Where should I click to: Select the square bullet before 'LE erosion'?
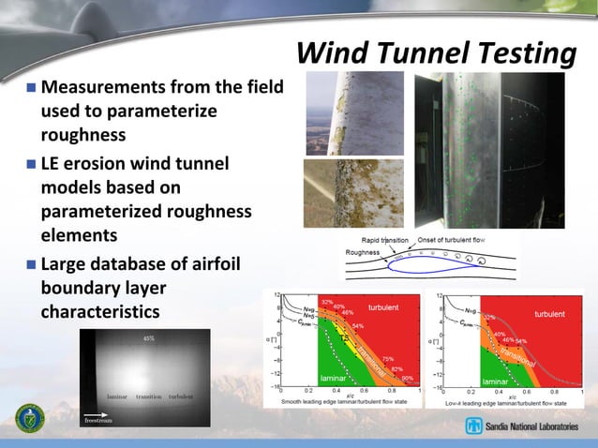(31, 166)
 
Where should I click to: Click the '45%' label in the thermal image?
(148, 338)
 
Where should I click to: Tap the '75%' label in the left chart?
(386, 359)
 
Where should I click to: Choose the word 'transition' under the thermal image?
(149, 397)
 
